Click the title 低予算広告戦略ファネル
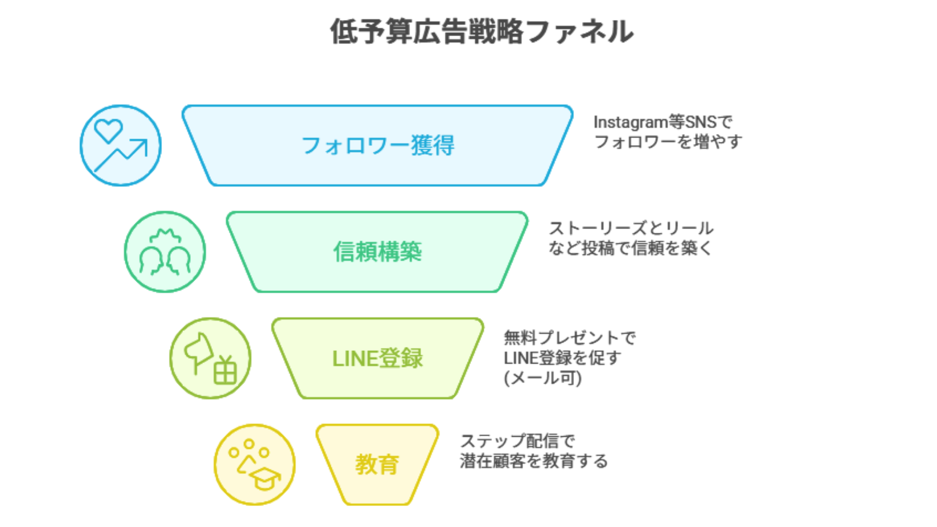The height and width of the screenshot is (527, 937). click(x=482, y=32)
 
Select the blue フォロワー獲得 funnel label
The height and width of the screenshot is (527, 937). click(x=378, y=145)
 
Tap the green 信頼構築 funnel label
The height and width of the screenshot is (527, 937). click(x=377, y=252)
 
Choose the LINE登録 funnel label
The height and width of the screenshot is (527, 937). click(x=377, y=359)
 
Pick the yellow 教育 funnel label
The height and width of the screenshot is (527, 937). click(x=377, y=464)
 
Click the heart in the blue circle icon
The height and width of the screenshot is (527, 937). click(x=108, y=130)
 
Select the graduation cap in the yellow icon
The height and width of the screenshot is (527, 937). click(x=265, y=477)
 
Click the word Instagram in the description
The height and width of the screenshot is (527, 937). click(x=630, y=122)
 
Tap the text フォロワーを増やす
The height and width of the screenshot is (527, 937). click(x=668, y=142)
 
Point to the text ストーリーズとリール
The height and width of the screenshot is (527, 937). click(x=631, y=228)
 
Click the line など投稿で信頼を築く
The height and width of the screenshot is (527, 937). click(x=630, y=248)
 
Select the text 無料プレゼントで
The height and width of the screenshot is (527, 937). click(x=570, y=338)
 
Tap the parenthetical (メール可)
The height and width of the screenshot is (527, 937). click(x=543, y=378)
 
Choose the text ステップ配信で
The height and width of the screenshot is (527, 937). click(x=517, y=441)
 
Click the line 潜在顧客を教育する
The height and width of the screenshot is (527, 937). click(x=533, y=461)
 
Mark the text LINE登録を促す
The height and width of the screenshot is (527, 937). click(x=562, y=358)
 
